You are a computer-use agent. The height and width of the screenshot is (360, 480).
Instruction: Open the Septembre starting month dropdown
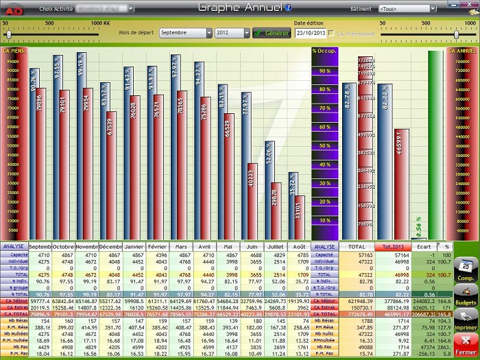click(x=185, y=33)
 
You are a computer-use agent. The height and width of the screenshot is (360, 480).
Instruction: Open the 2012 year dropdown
click(x=232, y=33)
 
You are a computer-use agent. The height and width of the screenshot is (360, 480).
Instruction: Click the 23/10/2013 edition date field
click(x=310, y=33)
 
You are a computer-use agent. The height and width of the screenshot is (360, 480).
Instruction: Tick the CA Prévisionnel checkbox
click(x=332, y=33)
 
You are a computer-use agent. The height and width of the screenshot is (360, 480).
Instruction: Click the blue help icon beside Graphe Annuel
click(x=289, y=8)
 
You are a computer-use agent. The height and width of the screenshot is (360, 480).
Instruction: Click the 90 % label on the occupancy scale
click(x=324, y=71)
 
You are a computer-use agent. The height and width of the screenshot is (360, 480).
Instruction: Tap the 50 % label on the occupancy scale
click(x=324, y=145)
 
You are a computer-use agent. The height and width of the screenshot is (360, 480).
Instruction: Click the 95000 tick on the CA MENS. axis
click(x=13, y=60)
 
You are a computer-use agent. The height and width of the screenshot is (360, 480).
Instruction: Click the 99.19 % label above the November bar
click(x=82, y=64)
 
